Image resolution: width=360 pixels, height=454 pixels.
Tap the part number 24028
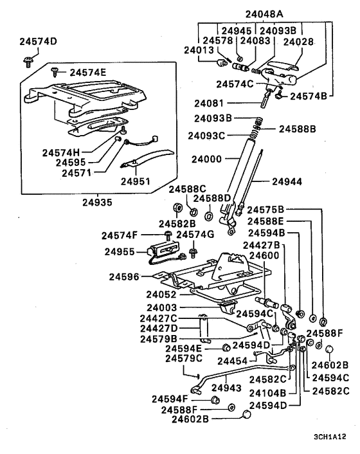click(299, 41)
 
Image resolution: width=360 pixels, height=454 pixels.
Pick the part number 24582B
click(177, 223)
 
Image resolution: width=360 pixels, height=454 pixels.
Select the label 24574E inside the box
click(87, 72)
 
